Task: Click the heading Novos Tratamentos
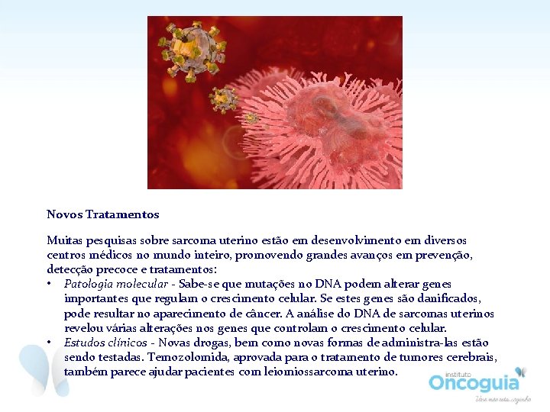(102, 214)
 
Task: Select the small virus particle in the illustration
(225, 98)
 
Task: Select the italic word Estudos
(84, 343)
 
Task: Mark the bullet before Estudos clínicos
(50, 343)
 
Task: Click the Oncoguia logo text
(474, 382)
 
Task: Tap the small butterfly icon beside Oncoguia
(521, 372)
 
